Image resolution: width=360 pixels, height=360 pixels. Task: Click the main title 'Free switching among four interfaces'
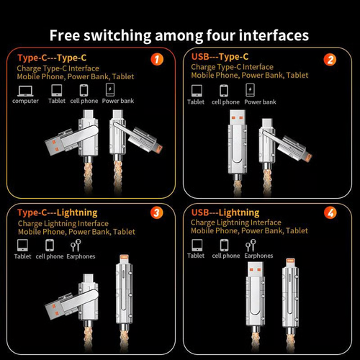(x=180, y=35)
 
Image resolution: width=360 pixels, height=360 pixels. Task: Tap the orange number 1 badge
(x=153, y=60)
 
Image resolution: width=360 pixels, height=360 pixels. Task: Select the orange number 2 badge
(x=330, y=60)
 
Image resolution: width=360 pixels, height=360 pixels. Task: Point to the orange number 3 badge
(x=153, y=214)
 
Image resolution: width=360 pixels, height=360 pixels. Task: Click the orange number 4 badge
(x=330, y=214)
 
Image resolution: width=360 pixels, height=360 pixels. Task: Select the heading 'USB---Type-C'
(x=220, y=57)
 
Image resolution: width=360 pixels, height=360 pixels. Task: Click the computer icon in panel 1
(x=24, y=90)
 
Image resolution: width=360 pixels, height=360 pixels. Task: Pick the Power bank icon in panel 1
(x=111, y=90)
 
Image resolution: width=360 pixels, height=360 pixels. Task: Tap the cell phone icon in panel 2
(x=225, y=90)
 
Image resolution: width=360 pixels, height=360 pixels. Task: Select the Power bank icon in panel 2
(x=251, y=90)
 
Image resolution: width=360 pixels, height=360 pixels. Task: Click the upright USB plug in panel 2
(x=233, y=126)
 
